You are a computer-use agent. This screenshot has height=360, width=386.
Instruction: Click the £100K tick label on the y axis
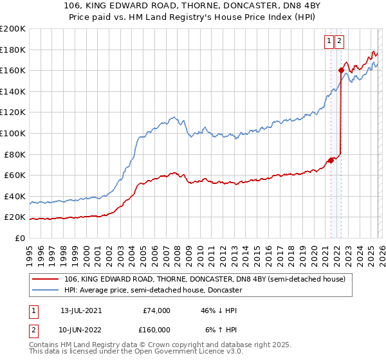coord(13,133)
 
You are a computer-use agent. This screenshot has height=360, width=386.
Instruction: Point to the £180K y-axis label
coord(13,50)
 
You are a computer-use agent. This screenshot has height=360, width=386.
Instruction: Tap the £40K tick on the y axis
coord(15,196)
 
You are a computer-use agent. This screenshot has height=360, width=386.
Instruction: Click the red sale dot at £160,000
coord(341,71)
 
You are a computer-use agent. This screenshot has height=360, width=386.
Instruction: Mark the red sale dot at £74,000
coord(331,160)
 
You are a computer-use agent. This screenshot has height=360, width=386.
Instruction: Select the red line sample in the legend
coord(46,280)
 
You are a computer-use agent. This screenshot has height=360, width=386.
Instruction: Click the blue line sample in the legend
coord(46,291)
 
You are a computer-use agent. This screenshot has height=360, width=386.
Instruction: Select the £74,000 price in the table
coord(156,310)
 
